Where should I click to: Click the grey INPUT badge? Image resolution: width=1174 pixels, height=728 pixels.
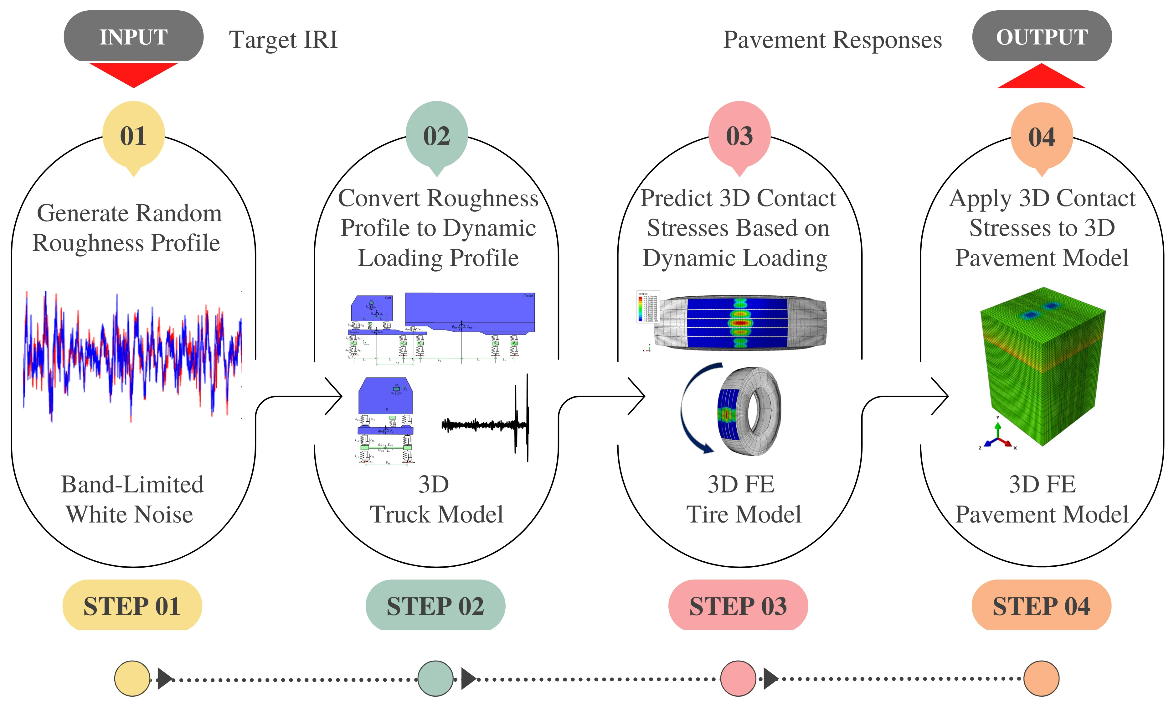tap(133, 37)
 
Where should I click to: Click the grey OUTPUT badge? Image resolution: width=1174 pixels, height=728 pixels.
tap(1041, 37)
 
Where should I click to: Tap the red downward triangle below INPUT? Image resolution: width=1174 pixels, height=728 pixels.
tap(133, 73)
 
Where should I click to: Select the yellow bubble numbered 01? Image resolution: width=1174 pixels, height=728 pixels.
tap(133, 135)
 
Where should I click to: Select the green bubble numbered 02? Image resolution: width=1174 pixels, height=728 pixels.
tap(436, 135)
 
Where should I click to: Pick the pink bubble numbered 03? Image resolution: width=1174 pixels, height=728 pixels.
tap(739, 135)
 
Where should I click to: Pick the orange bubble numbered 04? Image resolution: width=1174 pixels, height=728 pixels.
tap(1041, 137)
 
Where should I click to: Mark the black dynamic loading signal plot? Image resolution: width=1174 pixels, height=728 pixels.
tap(486, 424)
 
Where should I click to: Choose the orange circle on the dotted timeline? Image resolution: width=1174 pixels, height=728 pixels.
tap(1041, 679)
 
